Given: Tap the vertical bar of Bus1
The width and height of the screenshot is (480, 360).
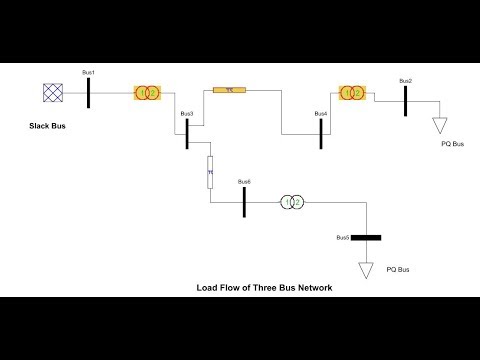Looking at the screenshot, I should click(89, 93).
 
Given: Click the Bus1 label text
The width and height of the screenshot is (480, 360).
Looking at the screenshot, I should click(87, 74).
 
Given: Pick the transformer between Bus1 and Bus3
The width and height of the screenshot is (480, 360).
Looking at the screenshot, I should click(147, 93).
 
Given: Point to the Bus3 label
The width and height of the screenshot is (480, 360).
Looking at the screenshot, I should click(186, 114).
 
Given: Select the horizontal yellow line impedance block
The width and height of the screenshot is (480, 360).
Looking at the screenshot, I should click(229, 90).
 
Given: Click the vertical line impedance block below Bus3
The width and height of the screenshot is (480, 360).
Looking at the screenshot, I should click(210, 171).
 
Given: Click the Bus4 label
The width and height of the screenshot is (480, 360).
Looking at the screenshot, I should click(320, 114).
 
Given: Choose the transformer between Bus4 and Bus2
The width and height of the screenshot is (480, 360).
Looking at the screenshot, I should click(351, 93).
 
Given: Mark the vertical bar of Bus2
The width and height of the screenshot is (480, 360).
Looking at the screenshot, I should click(405, 101).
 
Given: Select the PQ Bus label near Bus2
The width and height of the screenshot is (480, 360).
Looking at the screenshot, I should click(453, 145).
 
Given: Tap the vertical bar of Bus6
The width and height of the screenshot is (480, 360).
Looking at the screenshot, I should click(244, 201).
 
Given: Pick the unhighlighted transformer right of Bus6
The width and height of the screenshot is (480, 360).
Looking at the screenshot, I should click(290, 201).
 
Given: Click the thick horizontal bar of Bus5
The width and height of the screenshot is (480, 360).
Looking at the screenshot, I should click(366, 238).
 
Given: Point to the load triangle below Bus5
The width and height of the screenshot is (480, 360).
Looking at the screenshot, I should click(366, 269).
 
